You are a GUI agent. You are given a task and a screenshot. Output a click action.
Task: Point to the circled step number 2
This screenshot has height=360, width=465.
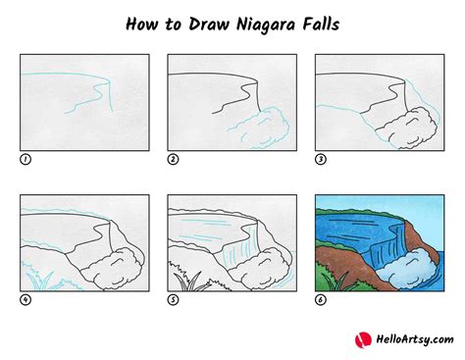pyautogui.click(x=173, y=158)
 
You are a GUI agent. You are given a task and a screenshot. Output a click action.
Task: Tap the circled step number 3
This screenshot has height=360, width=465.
pyautogui.click(x=320, y=158)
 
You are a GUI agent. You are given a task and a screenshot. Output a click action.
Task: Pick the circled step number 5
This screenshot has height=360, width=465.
pyautogui.click(x=173, y=299)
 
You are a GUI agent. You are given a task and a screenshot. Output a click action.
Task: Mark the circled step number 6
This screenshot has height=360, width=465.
pyautogui.click(x=320, y=299)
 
